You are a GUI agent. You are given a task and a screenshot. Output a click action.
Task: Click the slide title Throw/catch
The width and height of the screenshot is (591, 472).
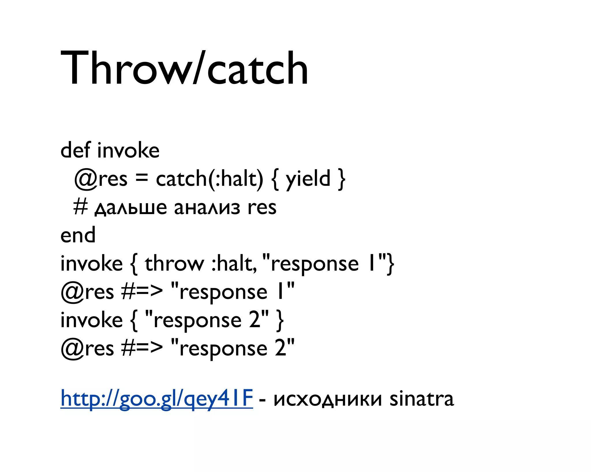click(184, 68)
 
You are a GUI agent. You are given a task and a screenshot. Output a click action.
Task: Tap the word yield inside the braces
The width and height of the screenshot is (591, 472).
click(308, 179)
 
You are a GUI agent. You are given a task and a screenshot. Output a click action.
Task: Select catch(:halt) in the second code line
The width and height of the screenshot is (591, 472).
click(210, 179)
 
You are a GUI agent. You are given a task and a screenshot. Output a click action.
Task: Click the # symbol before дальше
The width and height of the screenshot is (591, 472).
click(80, 207)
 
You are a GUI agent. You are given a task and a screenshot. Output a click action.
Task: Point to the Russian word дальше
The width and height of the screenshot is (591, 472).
click(131, 208)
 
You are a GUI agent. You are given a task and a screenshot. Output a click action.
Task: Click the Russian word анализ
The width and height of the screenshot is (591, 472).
click(207, 208)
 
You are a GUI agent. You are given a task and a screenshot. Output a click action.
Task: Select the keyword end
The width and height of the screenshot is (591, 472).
click(78, 235)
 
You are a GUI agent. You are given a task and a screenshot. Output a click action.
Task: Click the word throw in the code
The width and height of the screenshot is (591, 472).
click(174, 264)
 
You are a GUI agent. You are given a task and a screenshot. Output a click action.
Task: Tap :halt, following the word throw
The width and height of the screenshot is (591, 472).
click(234, 264)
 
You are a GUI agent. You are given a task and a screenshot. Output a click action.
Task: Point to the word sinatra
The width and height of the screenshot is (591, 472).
click(422, 399)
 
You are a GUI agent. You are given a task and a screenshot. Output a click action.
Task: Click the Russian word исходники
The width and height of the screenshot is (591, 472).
click(328, 399)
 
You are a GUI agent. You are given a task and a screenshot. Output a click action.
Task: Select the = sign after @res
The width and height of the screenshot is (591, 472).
click(141, 178)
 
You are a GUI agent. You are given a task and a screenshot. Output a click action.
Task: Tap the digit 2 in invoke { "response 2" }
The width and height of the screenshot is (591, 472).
click(255, 320)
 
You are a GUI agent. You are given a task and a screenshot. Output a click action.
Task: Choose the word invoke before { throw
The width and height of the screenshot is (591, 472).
click(91, 264)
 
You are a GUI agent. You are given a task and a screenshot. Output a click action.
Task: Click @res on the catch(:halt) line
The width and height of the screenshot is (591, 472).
click(101, 179)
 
